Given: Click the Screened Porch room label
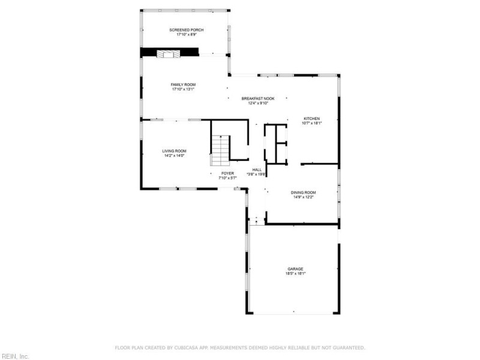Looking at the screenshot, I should [187, 29].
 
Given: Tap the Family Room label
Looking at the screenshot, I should [184, 85].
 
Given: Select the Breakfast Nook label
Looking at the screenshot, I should [258, 98].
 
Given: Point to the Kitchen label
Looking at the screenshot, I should [311, 118].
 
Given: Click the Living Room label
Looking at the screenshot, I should [174, 151].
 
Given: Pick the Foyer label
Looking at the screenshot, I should [227, 173].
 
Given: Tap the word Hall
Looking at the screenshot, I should [257, 170].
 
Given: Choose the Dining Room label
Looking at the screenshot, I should [304, 193].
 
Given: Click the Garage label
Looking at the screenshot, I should [295, 269].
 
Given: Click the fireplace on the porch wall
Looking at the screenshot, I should [168, 54].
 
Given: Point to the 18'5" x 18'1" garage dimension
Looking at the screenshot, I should [295, 274].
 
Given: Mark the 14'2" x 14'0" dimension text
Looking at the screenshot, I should [174, 155].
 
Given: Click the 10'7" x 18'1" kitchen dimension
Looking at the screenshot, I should [311, 123].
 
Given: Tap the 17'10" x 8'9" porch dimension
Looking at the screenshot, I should [187, 34].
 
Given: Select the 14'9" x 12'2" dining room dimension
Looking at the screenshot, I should [304, 197].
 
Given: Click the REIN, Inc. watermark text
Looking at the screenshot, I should [14, 356].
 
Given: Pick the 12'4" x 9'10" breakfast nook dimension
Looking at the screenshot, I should [258, 103].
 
